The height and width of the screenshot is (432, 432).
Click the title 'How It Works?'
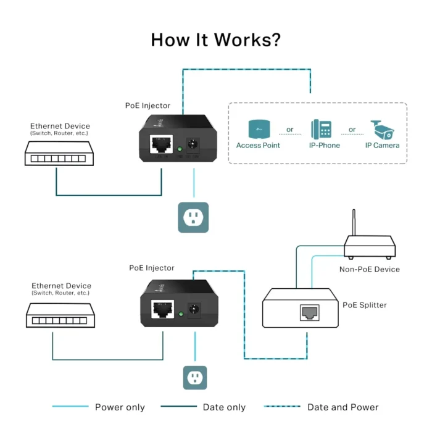216,40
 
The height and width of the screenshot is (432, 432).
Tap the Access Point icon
258,129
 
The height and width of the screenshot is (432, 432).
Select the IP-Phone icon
324,129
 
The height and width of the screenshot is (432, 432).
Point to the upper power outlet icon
193,217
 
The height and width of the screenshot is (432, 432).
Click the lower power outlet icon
195,377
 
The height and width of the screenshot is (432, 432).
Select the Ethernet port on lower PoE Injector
163,309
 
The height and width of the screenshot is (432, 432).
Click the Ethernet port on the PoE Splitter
309,313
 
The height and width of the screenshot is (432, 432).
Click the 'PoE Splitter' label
365,305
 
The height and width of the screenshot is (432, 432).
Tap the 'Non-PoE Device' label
370,269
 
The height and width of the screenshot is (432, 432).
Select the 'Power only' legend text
120,407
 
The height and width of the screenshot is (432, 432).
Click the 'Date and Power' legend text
343,407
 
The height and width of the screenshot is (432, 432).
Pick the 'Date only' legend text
224,407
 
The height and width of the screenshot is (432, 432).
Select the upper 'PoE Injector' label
147,106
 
